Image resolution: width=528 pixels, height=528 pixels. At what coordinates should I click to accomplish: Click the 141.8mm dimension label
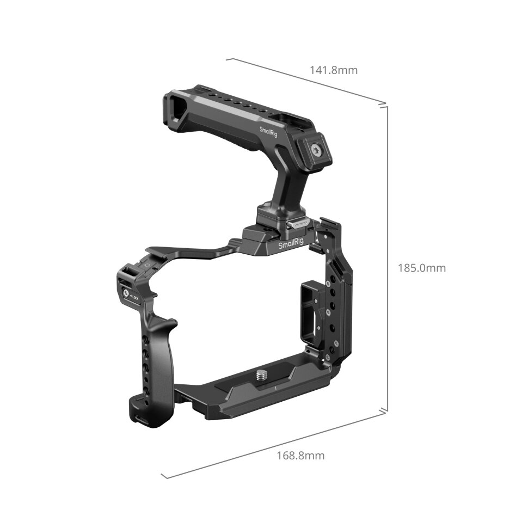tap(334, 70)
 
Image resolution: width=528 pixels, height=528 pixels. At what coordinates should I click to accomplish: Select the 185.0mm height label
tap(421, 268)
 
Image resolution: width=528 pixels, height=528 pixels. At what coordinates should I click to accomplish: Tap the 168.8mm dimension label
tap(300, 456)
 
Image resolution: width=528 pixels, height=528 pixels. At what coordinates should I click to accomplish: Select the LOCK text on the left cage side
tap(136, 298)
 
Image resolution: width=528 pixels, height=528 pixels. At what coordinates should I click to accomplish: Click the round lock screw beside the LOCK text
tap(126, 296)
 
